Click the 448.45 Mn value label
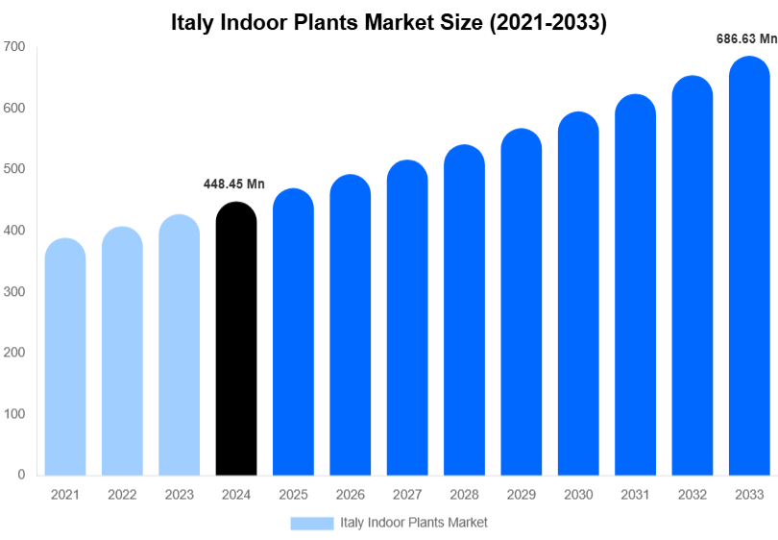coord(233,184)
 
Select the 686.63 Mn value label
coord(746,39)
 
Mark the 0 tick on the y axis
coord(20,475)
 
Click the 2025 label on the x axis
coord(293,495)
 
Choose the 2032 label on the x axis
coord(692,495)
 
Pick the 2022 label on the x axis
coord(122,495)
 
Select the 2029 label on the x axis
coord(521,495)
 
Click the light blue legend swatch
coord(311,523)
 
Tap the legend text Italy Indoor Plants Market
coord(413,523)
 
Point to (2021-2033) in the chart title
coord(547,22)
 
